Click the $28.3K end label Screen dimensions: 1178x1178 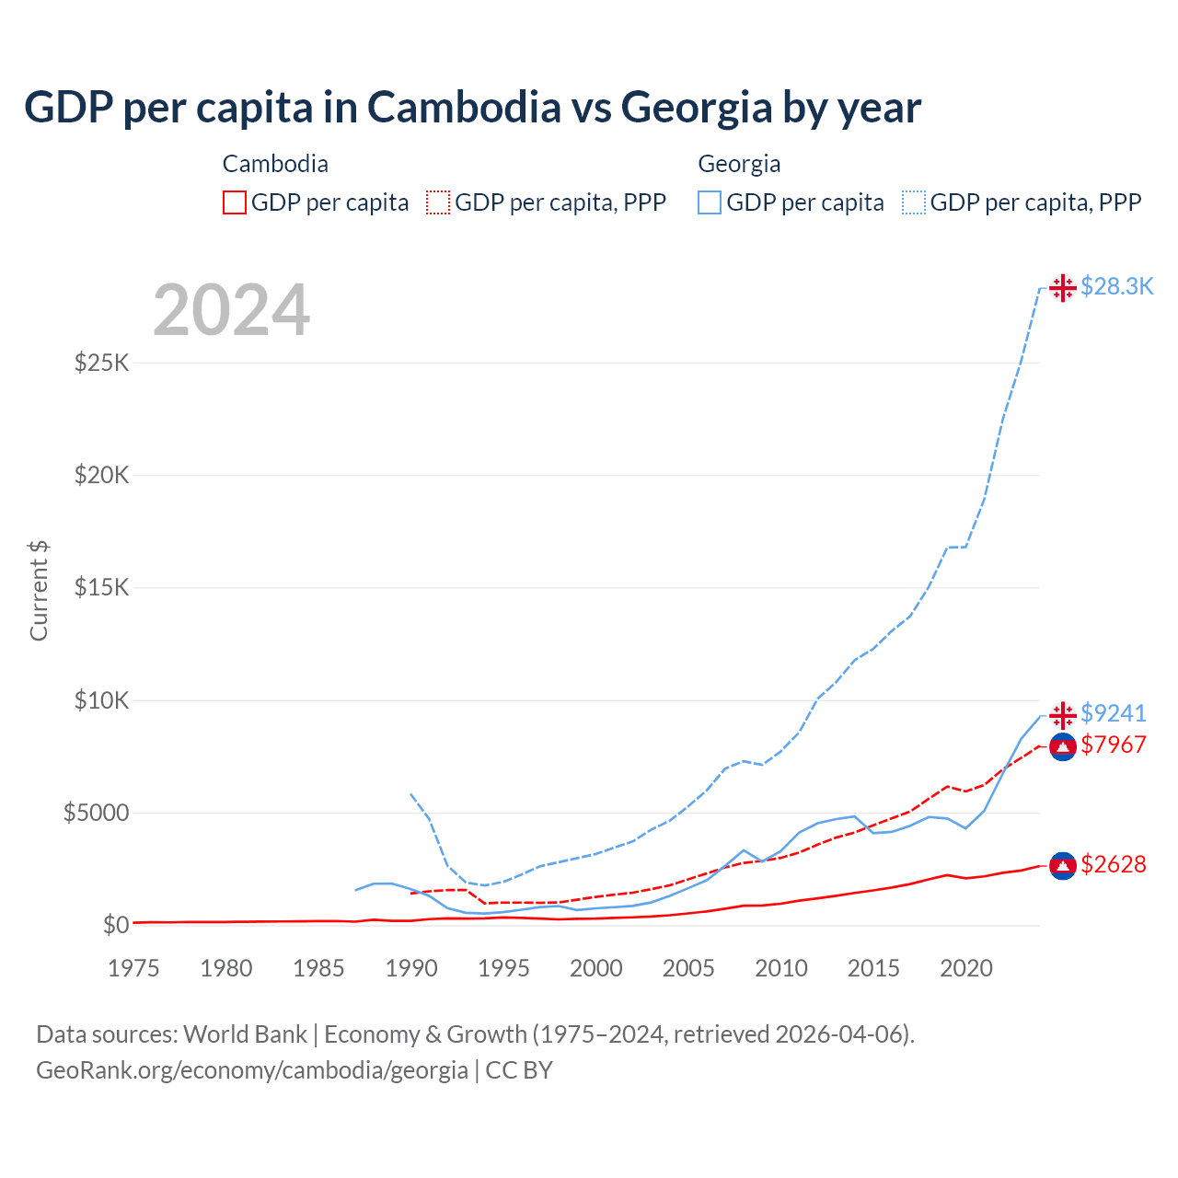pyautogui.click(x=1116, y=287)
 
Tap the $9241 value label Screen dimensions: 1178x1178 pyautogui.click(x=1113, y=713)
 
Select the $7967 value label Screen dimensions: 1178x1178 pyautogui.click(x=1113, y=745)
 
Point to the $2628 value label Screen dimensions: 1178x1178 pyautogui.click(x=1113, y=864)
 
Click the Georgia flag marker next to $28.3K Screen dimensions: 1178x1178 pyautogui.click(x=1063, y=288)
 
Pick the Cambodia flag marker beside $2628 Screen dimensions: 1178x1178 pyautogui.click(x=1063, y=865)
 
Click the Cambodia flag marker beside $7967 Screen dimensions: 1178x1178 pyautogui.click(x=1063, y=746)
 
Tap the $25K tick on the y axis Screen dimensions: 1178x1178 pyautogui.click(x=101, y=363)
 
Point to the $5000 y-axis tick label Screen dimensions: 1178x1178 pyautogui.click(x=96, y=814)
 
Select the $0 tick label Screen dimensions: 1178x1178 pyautogui.click(x=115, y=926)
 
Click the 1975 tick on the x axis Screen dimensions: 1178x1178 pyautogui.click(x=133, y=968)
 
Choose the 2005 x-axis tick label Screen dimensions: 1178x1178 pyautogui.click(x=688, y=968)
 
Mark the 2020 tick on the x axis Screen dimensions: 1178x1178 pyautogui.click(x=965, y=968)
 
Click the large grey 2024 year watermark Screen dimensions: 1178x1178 pyautogui.click(x=231, y=310)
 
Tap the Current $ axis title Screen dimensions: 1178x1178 pyautogui.click(x=39, y=590)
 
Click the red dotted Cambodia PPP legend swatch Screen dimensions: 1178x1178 pyautogui.click(x=438, y=202)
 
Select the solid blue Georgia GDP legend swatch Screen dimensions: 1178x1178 pyautogui.click(x=710, y=202)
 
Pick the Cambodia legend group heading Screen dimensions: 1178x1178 pyautogui.click(x=275, y=164)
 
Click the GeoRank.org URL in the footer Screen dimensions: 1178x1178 pyautogui.click(x=251, y=1070)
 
